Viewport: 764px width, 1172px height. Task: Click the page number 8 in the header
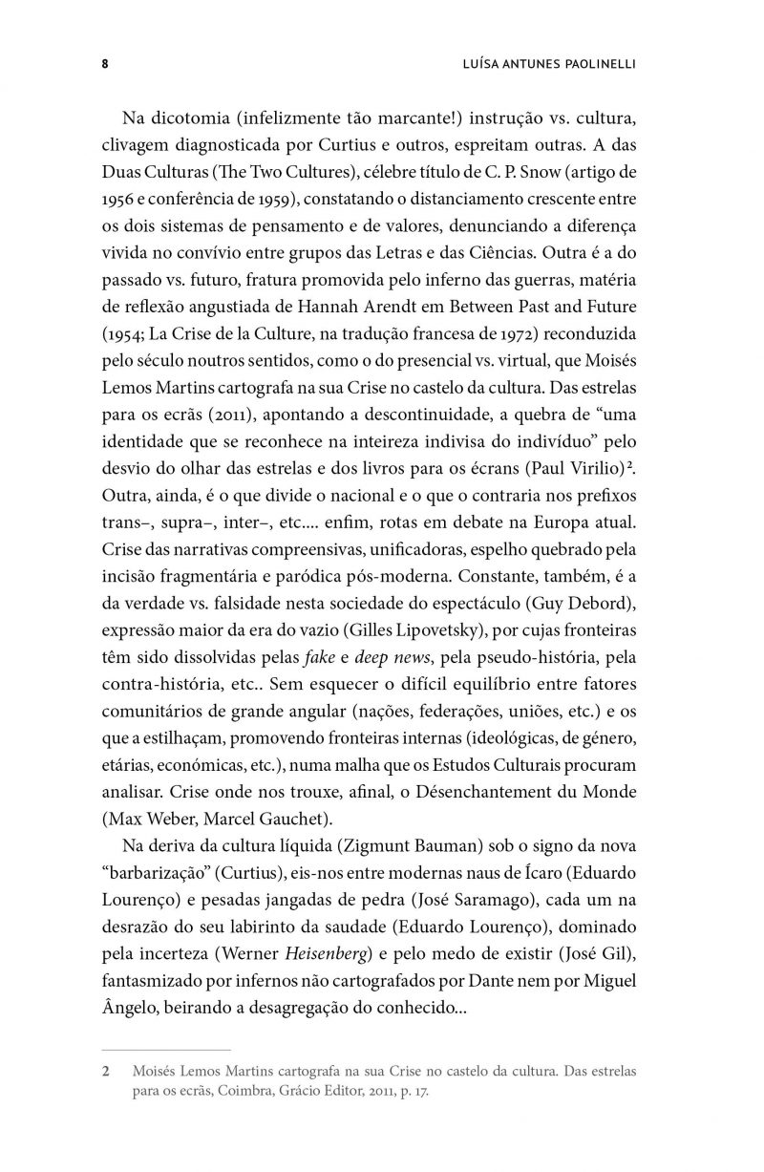(104, 64)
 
